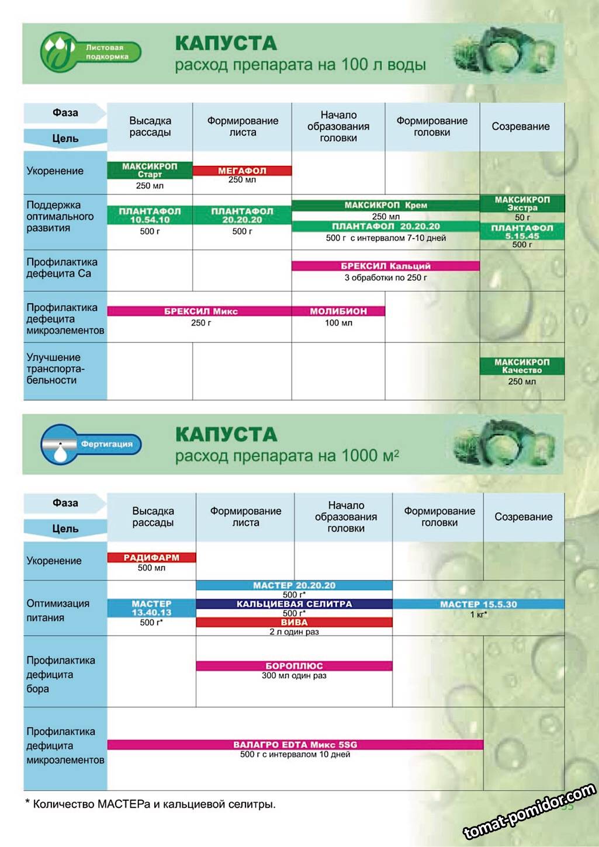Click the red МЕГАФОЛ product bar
[242, 171]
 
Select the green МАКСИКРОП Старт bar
[150, 170]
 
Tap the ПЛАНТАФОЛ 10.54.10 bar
[150, 216]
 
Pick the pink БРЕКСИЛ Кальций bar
[385, 266]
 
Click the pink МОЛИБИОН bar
[338, 311]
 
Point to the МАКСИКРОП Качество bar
[522, 366]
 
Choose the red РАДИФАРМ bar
[151, 558]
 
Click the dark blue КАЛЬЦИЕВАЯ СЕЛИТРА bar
[294, 604]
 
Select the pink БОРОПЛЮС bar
[294, 666]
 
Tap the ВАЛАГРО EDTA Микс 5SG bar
[295, 745]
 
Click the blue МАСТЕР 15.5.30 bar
[478, 605]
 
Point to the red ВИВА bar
[294, 623]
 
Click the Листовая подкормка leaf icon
[57, 52]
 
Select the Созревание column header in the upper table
[521, 127]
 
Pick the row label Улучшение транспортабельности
[56, 369]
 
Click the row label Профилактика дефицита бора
[61, 675]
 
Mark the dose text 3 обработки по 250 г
[385, 278]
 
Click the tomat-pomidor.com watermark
[529, 812]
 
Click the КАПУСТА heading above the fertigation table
[226, 435]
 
